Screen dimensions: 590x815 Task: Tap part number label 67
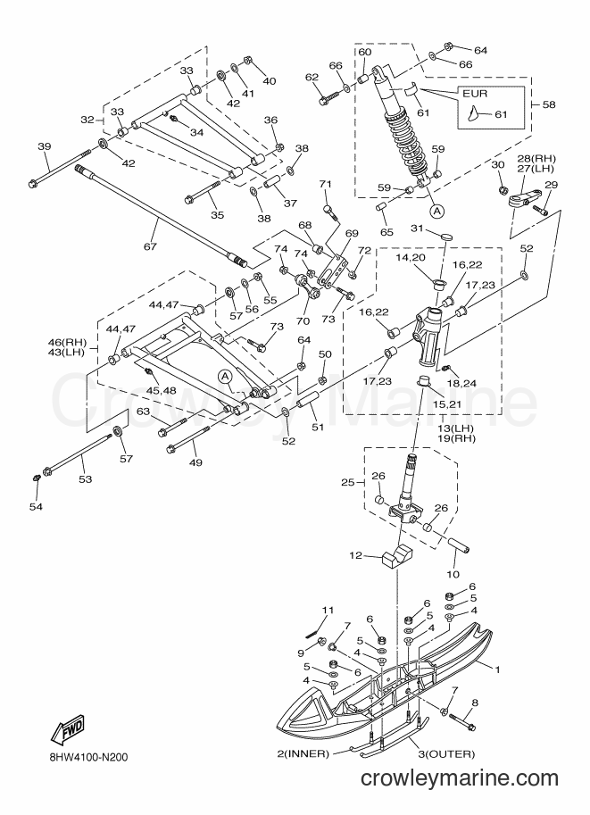pyautogui.click(x=150, y=246)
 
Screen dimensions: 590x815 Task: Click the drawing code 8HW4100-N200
pyautogui.click(x=86, y=757)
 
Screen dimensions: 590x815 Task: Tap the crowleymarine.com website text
pyautogui.click(x=459, y=778)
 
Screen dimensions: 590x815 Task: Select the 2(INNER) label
pyautogui.click(x=303, y=753)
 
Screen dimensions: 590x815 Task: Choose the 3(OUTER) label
pyautogui.click(x=447, y=753)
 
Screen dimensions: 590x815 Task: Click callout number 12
pyautogui.click(x=355, y=555)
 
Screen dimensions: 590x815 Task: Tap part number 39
pyautogui.click(x=45, y=146)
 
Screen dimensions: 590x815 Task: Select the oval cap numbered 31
pyautogui.click(x=446, y=237)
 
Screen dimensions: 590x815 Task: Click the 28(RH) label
pyautogui.click(x=536, y=158)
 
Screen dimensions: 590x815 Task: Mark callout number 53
pyautogui.click(x=85, y=478)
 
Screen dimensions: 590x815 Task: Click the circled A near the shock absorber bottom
pyautogui.click(x=437, y=211)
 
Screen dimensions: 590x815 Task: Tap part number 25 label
pyautogui.click(x=348, y=482)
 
